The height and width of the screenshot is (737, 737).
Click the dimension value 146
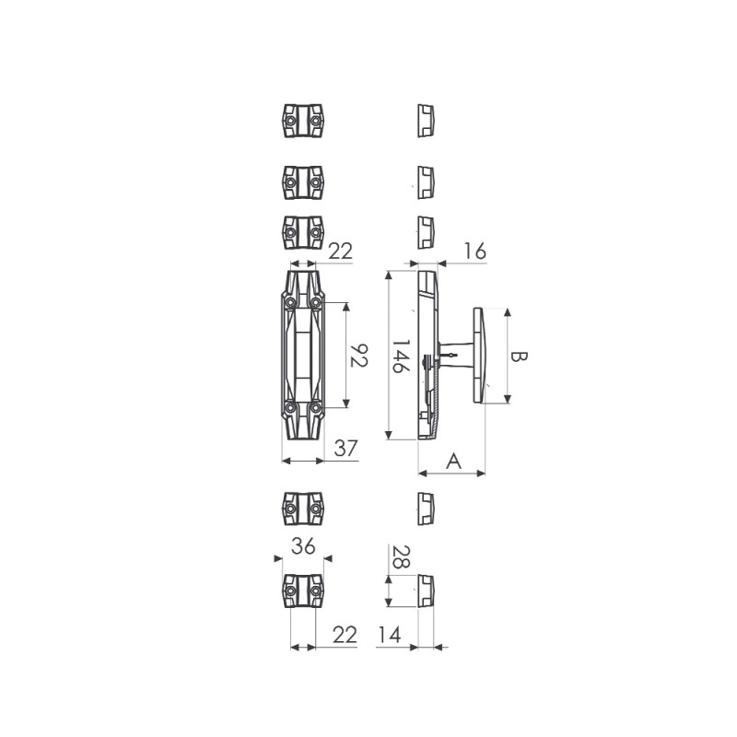click(x=401, y=357)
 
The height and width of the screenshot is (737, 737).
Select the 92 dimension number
click(x=359, y=356)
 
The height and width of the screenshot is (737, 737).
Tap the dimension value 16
click(x=474, y=252)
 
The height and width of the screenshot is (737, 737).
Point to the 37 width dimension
click(x=346, y=449)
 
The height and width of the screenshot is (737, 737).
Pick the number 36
click(x=303, y=546)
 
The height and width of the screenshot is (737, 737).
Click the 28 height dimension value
click(x=401, y=557)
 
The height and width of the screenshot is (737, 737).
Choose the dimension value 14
click(x=390, y=635)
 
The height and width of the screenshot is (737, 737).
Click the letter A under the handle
click(x=453, y=462)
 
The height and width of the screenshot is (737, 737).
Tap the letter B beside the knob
click(x=519, y=357)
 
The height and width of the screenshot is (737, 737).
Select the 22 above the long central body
click(x=340, y=252)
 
